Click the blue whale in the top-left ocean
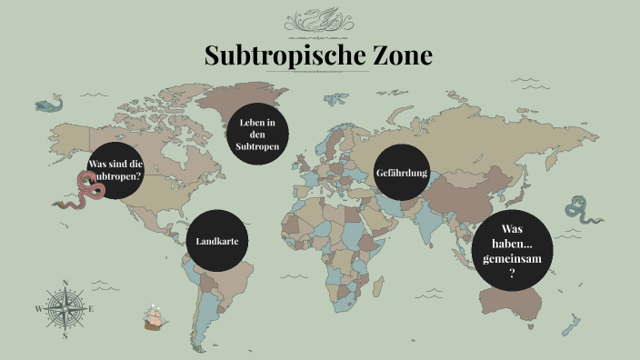pyautogui.click(x=51, y=105)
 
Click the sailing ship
pyautogui.click(x=156, y=317)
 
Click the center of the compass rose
pyautogui.click(x=65, y=308)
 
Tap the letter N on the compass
pyautogui.click(x=65, y=283)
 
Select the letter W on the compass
pyautogui.click(x=38, y=309)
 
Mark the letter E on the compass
pyautogui.click(x=92, y=309)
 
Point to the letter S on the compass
pyautogui.click(x=65, y=335)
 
